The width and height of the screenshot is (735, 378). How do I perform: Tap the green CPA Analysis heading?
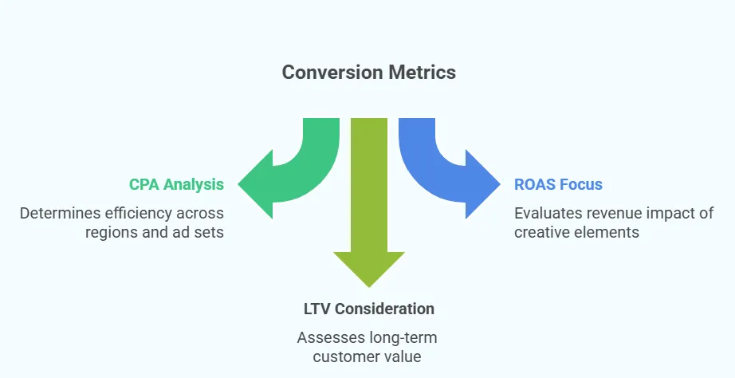click(x=176, y=185)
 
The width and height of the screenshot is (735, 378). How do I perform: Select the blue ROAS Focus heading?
click(x=558, y=185)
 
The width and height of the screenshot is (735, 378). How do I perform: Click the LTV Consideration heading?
click(x=368, y=309)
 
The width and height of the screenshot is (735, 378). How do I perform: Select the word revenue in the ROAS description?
click(x=619, y=213)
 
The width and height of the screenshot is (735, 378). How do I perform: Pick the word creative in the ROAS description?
click(x=543, y=232)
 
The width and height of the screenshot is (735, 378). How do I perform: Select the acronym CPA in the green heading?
click(x=145, y=185)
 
